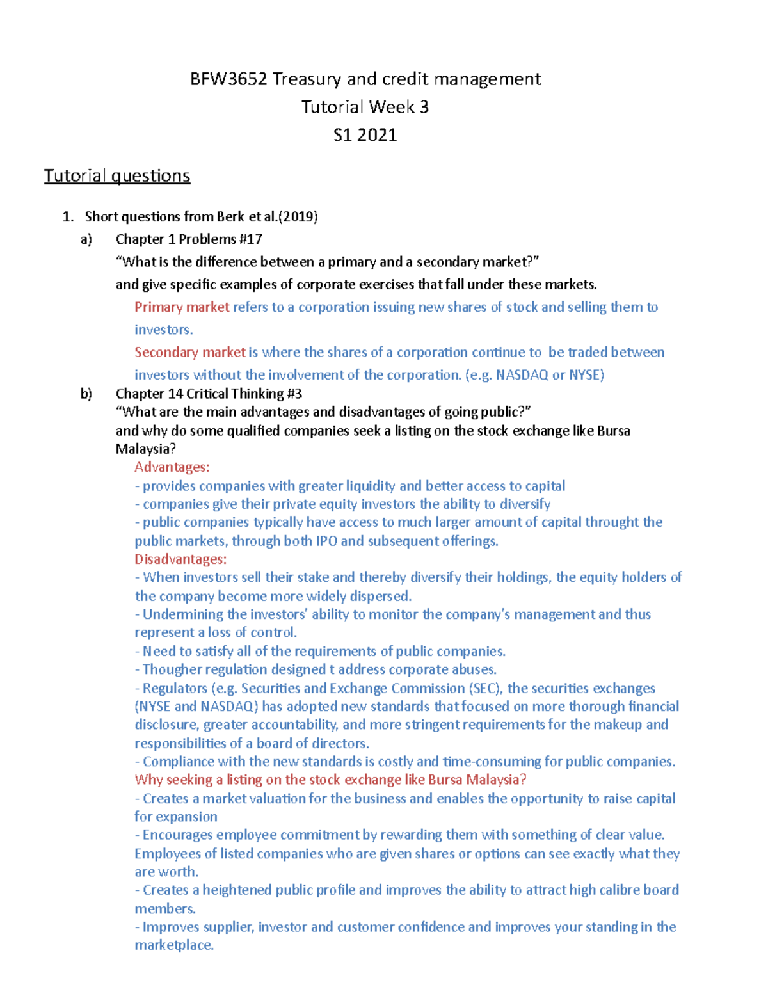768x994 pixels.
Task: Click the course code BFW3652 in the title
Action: (228, 79)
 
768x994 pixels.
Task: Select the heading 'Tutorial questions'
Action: (117, 176)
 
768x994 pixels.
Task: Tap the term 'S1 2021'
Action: (365, 135)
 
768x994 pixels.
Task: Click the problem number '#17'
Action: (251, 239)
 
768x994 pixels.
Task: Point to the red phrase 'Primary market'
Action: (182, 307)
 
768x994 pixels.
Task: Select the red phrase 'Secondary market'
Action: (190, 352)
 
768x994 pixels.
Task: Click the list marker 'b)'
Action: (86, 394)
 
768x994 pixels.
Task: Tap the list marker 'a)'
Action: (86, 239)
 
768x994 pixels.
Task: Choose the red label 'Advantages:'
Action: (172, 467)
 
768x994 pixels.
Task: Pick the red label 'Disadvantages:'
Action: (180, 559)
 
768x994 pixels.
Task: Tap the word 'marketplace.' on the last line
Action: (174, 945)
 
